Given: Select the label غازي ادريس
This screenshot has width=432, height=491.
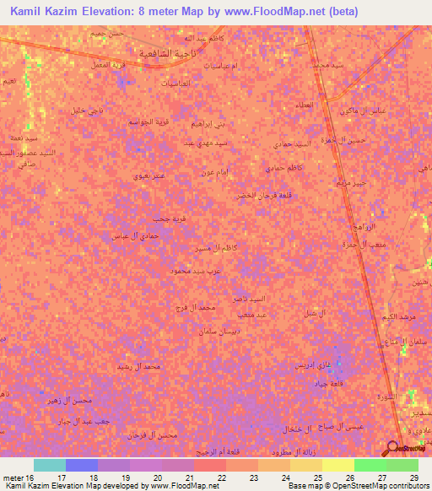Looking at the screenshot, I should pyautogui.click(x=310, y=364).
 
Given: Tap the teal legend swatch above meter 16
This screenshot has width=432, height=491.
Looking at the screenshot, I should pyautogui.click(x=49, y=465).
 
